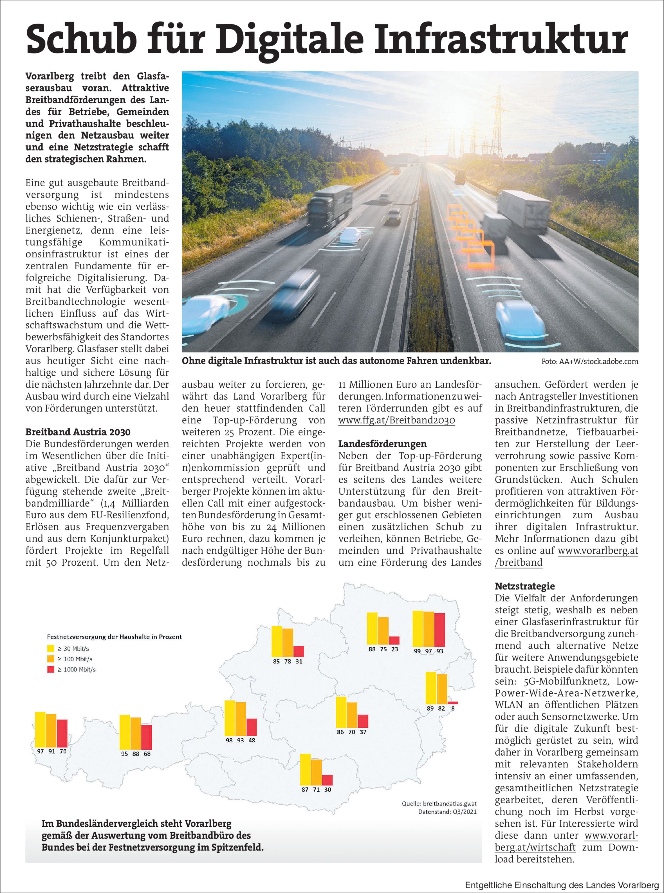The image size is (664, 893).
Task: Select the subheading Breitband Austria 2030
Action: pos(78,432)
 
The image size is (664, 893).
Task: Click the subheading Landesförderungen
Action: pos(382,444)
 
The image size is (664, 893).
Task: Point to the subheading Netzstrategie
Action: pos(524,586)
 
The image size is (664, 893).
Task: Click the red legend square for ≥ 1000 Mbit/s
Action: pos(51,669)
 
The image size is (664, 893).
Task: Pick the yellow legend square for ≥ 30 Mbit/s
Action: pos(51,648)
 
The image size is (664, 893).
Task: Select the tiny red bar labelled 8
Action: pos(453,703)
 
